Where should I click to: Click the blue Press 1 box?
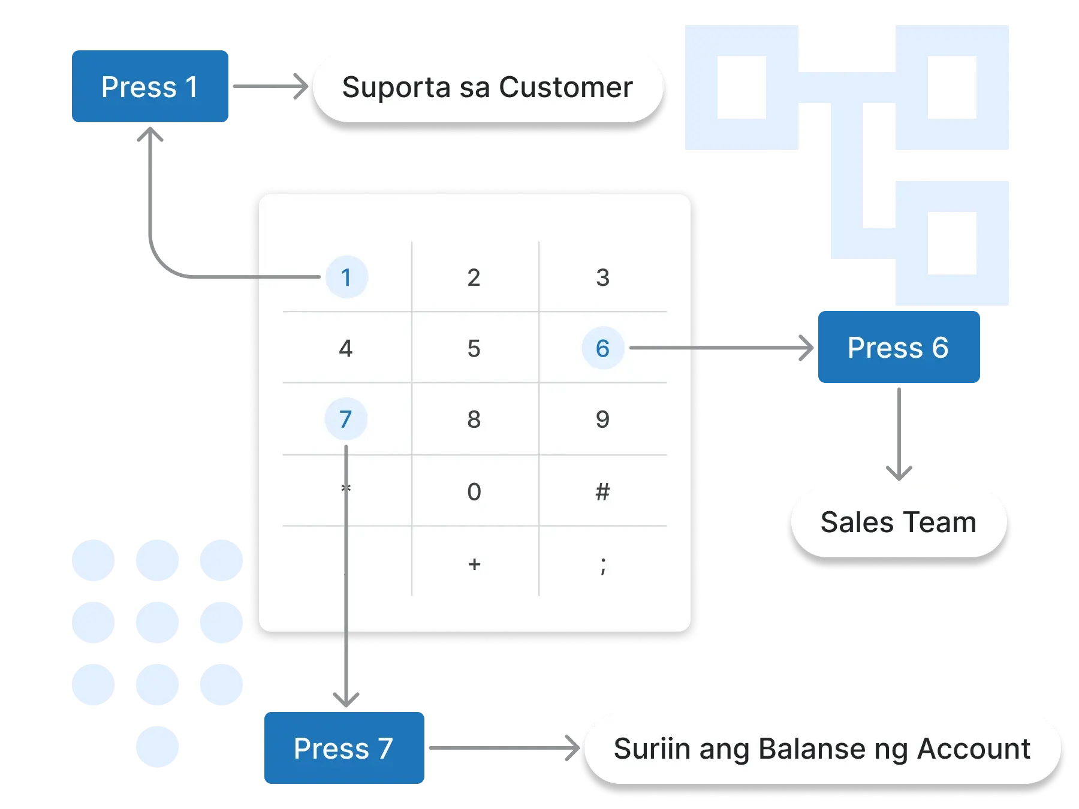click(150, 87)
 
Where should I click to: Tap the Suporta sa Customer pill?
click(487, 87)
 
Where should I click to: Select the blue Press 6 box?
click(898, 347)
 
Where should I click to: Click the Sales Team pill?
click(898, 522)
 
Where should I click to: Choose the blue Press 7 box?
click(344, 748)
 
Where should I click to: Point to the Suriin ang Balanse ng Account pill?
click(822, 748)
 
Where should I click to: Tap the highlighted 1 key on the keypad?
click(346, 277)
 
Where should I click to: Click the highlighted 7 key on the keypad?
click(346, 419)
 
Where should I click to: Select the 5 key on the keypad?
click(474, 348)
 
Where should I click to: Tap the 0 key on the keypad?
click(474, 492)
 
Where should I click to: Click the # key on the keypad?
click(603, 492)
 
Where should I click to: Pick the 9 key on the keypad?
click(603, 419)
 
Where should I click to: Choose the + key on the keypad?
click(474, 564)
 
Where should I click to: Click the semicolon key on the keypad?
click(603, 565)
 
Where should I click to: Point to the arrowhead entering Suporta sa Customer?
click(300, 86)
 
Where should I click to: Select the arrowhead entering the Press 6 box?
click(806, 348)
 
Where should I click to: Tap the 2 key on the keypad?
click(474, 277)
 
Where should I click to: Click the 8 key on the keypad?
click(474, 419)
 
